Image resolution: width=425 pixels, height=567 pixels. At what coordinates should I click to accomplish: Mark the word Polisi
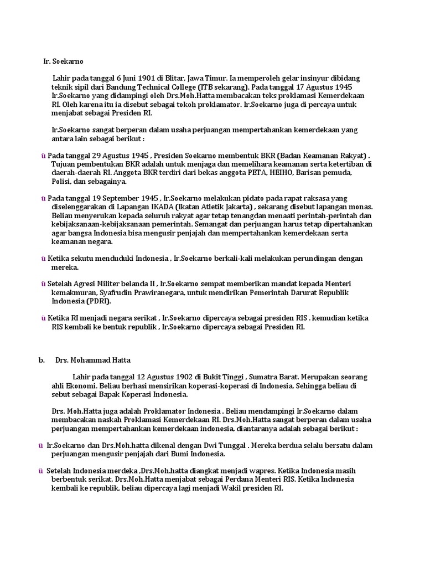coord(62,181)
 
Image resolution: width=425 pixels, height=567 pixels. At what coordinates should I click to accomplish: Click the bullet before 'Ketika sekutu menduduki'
coord(44,259)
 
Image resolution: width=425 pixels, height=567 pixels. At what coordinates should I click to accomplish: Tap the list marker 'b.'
coord(42,360)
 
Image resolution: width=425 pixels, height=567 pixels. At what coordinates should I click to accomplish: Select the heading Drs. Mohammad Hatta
coord(93,360)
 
